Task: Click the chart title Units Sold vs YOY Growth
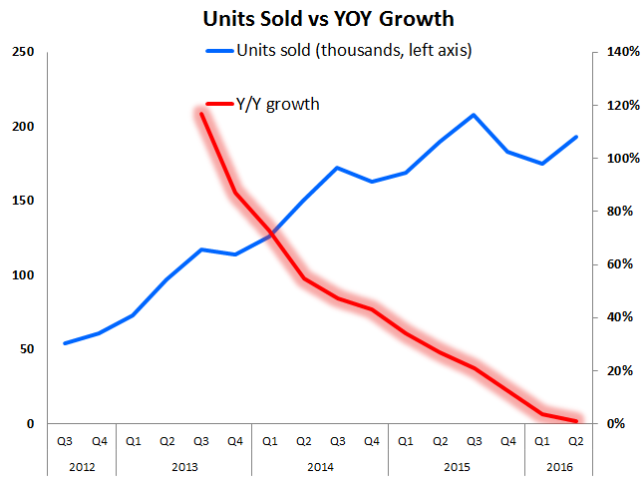pyautogui.click(x=321, y=18)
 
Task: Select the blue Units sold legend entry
pyautogui.click(x=338, y=51)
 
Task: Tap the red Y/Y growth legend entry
pyautogui.click(x=264, y=103)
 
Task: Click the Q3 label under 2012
pyautogui.click(x=65, y=440)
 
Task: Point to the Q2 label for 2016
pyautogui.click(x=575, y=440)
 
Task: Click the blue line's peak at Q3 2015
pyautogui.click(x=474, y=115)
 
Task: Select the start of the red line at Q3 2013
pyautogui.click(x=201, y=114)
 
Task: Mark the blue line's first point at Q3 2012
pyautogui.click(x=65, y=343)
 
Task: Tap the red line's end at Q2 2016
pyautogui.click(x=576, y=421)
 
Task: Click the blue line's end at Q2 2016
pyautogui.click(x=576, y=137)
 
